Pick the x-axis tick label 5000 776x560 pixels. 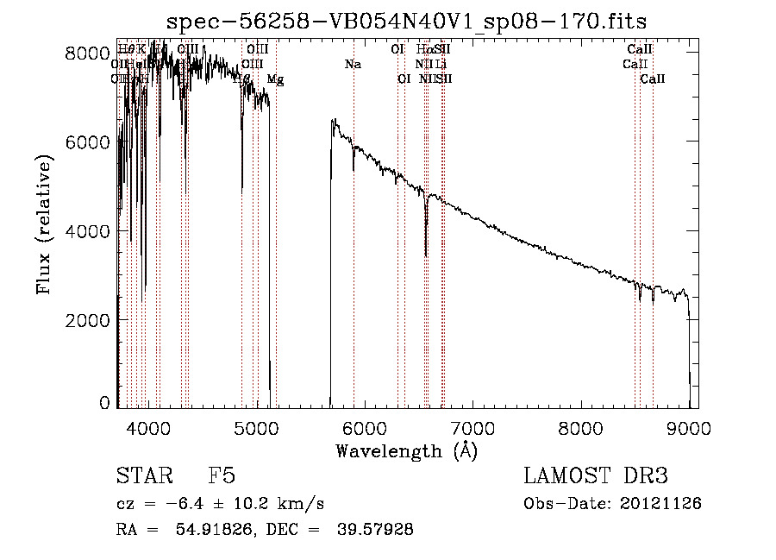point(256,427)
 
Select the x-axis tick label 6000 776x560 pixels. point(364,427)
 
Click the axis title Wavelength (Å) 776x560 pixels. point(406,450)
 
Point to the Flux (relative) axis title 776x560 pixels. point(46,230)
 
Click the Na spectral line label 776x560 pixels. point(352,64)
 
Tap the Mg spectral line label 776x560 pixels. point(275,79)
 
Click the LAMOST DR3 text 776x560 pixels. point(595,477)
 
